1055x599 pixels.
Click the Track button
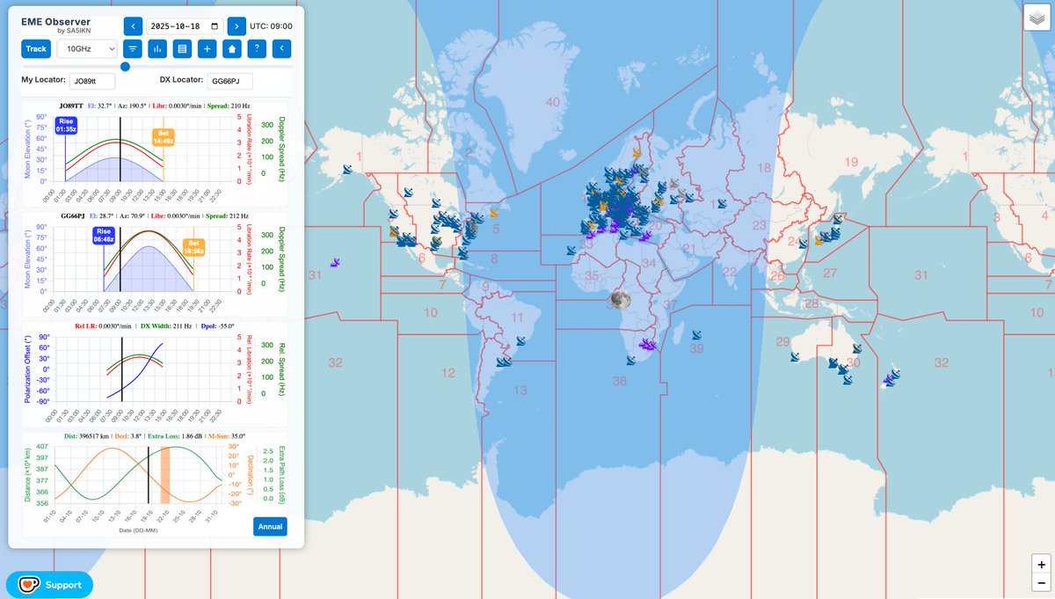pyautogui.click(x=36, y=48)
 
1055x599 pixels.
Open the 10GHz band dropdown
pyautogui.click(x=87, y=48)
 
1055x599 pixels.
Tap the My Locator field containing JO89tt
pyautogui.click(x=92, y=82)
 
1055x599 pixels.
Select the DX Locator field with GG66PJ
pyautogui.click(x=229, y=82)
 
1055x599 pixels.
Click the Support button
pyautogui.click(x=49, y=584)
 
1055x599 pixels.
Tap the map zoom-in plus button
pyautogui.click(x=1041, y=565)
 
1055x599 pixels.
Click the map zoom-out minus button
pyautogui.click(x=1041, y=583)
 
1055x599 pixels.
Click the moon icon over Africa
pyautogui.click(x=620, y=300)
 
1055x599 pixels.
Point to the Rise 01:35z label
pyautogui.click(x=66, y=125)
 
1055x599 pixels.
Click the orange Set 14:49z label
pyautogui.click(x=164, y=136)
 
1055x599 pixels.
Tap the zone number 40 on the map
pyautogui.click(x=552, y=102)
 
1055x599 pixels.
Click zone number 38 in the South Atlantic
pyautogui.click(x=620, y=381)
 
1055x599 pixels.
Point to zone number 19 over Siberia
pyautogui.click(x=850, y=162)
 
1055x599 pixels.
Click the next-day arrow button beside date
pyautogui.click(x=236, y=26)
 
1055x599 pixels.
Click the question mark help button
pyautogui.click(x=256, y=48)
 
